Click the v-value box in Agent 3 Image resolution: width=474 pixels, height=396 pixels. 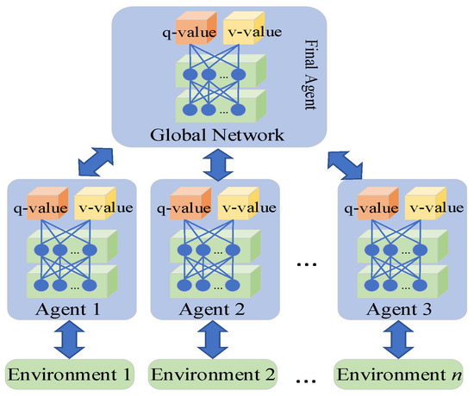[427, 207]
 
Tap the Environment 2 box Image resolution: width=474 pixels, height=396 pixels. [215, 374]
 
